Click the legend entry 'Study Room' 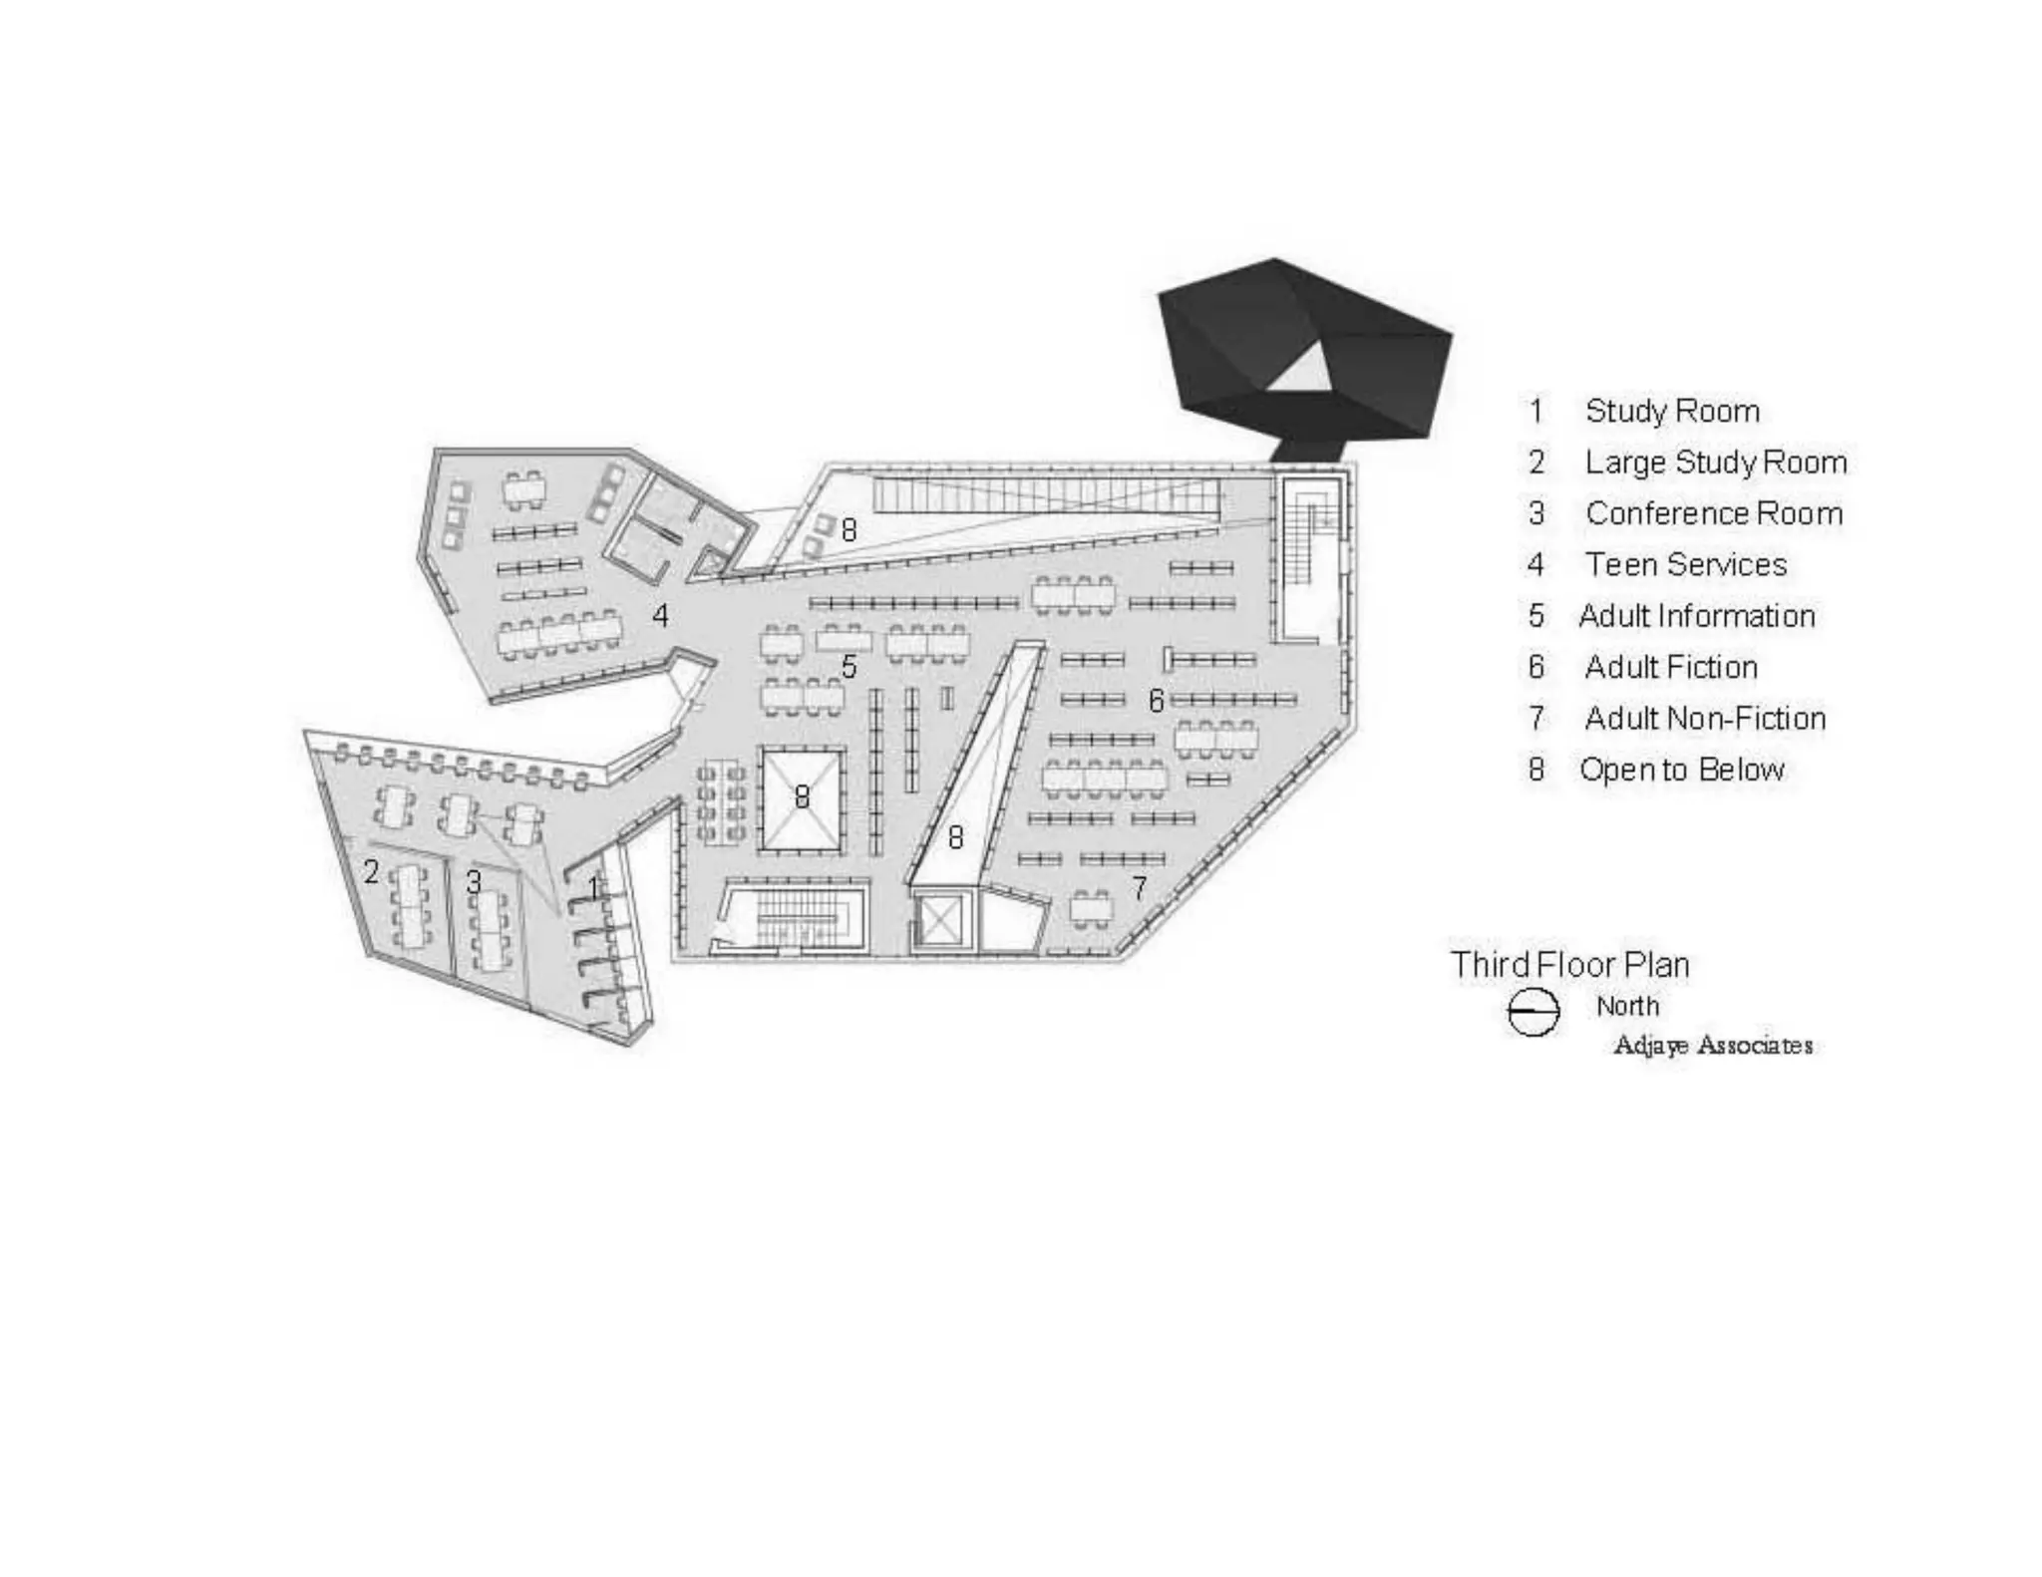pos(1672,411)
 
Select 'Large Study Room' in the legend pos(1715,463)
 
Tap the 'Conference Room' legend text pos(1713,513)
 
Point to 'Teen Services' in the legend pos(1685,565)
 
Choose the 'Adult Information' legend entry pos(1696,616)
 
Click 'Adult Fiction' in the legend pos(1670,667)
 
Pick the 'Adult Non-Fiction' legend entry pos(1704,719)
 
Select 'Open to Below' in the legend pos(1681,770)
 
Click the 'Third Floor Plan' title pos(1569,965)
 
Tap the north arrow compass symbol pos(1532,1013)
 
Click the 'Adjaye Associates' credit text pos(1712,1045)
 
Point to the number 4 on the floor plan pos(660,616)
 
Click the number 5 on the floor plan pos(849,667)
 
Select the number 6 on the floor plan pos(1156,701)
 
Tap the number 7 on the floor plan pos(1139,887)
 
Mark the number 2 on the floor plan pos(371,872)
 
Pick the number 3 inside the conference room pos(474,882)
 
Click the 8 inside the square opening pos(802,796)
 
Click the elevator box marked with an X pos(940,920)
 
